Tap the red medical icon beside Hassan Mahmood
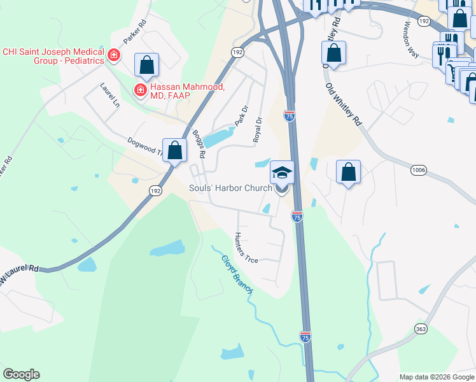tap(139, 91)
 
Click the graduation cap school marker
tap(282, 172)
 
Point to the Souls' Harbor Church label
tap(230, 188)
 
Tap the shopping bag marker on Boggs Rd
tap(174, 151)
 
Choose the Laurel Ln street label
tap(110, 94)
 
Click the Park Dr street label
tap(240, 116)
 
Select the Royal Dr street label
tap(258, 129)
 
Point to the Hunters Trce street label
tap(246, 248)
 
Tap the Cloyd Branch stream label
tap(237, 274)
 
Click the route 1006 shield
tap(418, 170)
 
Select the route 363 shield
tap(421, 329)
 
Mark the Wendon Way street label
tap(411, 41)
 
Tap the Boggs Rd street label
tap(198, 145)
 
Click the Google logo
tap(21, 374)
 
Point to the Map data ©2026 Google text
tap(437, 377)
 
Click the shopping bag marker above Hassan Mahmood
tap(146, 64)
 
